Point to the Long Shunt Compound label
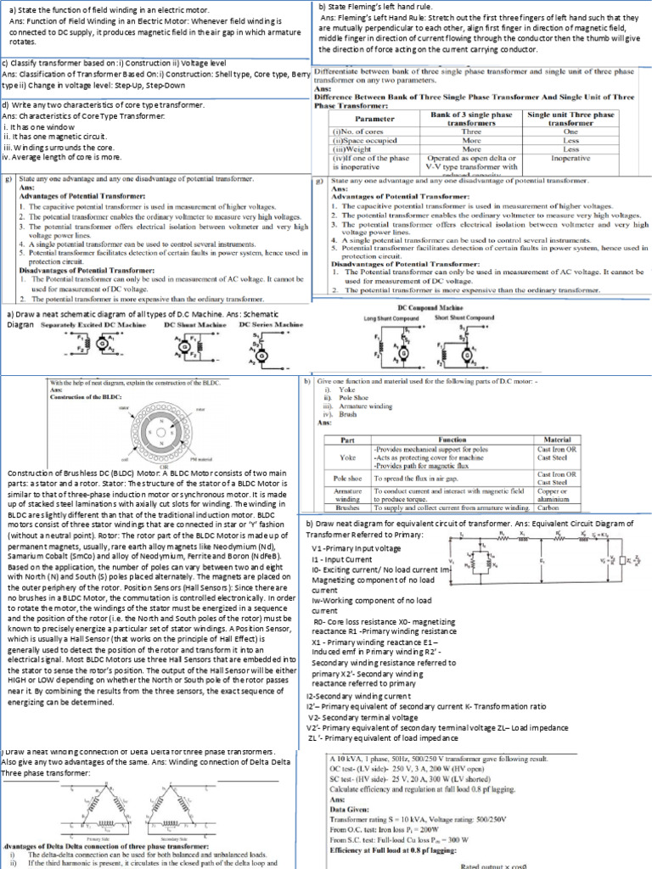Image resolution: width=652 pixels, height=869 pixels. [x=391, y=317]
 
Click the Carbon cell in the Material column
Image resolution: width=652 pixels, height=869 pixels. [x=548, y=507]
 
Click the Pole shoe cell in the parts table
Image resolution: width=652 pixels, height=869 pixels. [x=346, y=479]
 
